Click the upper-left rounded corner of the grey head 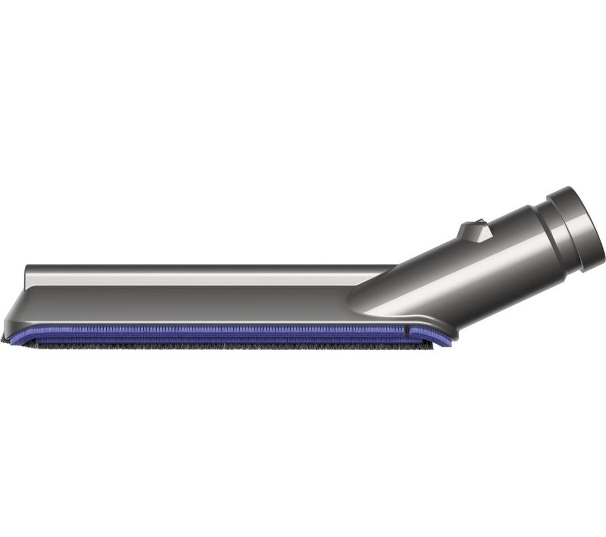27,269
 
